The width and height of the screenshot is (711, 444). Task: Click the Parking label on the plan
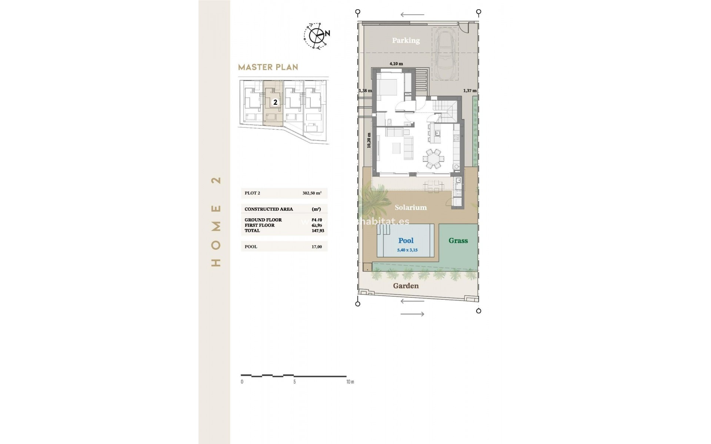click(x=406, y=40)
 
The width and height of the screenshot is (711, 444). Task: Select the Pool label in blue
click(x=406, y=240)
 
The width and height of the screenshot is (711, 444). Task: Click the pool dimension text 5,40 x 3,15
click(x=407, y=250)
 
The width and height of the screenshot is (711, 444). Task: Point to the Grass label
click(x=458, y=240)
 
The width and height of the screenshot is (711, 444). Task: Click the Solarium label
click(x=410, y=208)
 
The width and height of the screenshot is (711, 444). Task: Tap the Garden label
click(x=406, y=286)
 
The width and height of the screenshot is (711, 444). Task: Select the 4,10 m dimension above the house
click(x=396, y=64)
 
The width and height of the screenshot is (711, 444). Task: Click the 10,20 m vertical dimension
click(x=369, y=141)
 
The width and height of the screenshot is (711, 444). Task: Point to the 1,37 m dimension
click(x=470, y=91)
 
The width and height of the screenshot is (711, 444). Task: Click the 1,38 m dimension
click(x=365, y=91)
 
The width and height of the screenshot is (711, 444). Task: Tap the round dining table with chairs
click(x=433, y=158)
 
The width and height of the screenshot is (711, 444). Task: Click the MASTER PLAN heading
click(x=268, y=67)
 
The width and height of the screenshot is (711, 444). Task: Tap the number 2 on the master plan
click(x=275, y=102)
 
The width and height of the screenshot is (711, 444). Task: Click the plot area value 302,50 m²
click(x=312, y=193)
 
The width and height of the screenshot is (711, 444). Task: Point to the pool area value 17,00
click(x=317, y=247)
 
